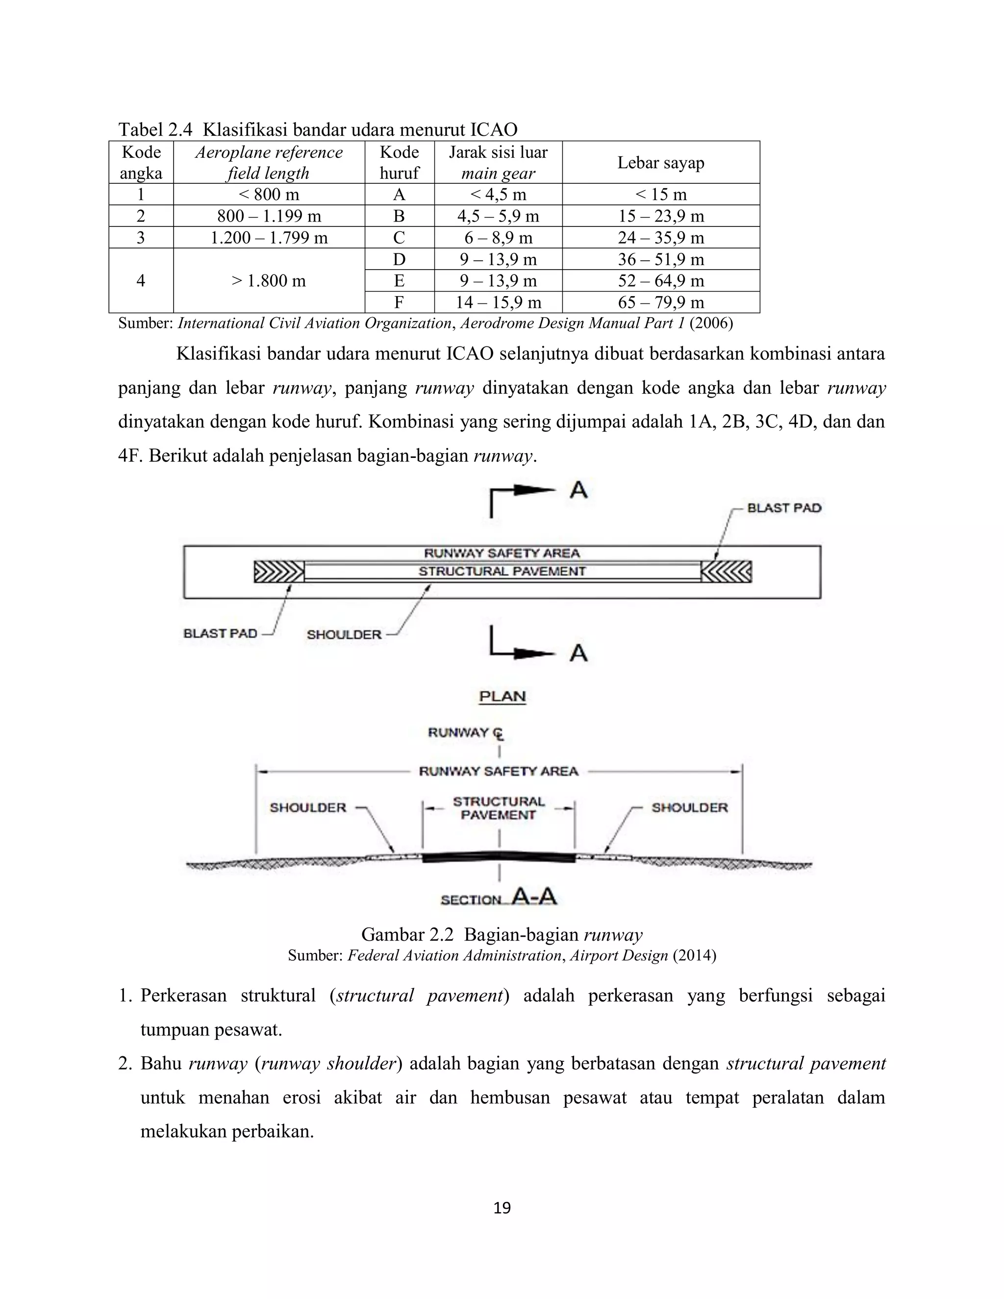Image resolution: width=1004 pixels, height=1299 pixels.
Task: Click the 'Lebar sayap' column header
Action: [x=660, y=162]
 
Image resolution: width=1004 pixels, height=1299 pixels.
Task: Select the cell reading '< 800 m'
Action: [x=268, y=195]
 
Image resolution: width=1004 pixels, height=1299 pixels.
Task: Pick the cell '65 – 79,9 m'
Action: [x=660, y=302]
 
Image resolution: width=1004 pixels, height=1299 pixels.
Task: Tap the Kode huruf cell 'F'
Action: [x=399, y=302]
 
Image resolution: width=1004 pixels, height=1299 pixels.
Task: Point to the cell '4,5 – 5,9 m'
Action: [x=498, y=216]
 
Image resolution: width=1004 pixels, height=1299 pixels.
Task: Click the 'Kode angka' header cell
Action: [x=141, y=162]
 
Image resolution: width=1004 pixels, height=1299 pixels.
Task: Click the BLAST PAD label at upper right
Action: [x=783, y=508]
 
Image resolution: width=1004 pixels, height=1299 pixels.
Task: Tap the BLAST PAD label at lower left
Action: [x=220, y=633]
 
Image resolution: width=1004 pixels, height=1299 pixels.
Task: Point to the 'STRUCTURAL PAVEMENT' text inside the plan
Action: [x=502, y=572]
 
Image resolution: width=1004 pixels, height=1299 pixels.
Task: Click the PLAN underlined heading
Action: [x=502, y=697]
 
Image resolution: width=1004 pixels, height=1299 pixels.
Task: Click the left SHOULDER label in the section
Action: [x=307, y=808]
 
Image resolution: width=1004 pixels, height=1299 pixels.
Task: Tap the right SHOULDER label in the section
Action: [x=689, y=808]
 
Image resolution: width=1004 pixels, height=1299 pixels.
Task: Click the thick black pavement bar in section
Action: [x=499, y=858]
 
